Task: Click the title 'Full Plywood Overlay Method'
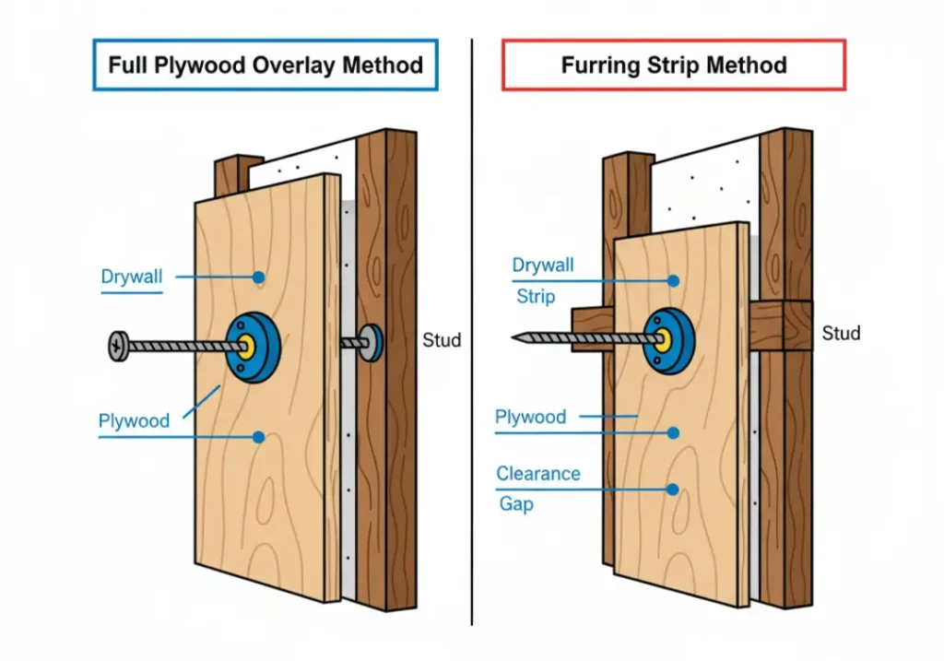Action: pyautogui.click(x=265, y=65)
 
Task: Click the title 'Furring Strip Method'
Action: pyautogui.click(x=674, y=65)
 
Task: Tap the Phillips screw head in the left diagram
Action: pyautogui.click(x=116, y=347)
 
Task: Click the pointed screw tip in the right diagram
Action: pyautogui.click(x=517, y=338)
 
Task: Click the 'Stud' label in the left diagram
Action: pyautogui.click(x=442, y=340)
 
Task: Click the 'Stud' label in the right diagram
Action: pyautogui.click(x=841, y=333)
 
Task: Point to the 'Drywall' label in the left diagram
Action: pyautogui.click(x=133, y=276)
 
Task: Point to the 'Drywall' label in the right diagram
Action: pyautogui.click(x=543, y=266)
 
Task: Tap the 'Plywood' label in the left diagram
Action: pyautogui.click(x=135, y=421)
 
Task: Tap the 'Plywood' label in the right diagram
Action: pyautogui.click(x=531, y=417)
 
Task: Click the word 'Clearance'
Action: pyautogui.click(x=538, y=474)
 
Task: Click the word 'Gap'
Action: pyautogui.click(x=516, y=504)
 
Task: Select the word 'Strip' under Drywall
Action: pyautogui.click(x=536, y=297)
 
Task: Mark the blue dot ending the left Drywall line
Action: pyautogui.click(x=261, y=277)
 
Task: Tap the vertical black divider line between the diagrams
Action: pyautogui.click(x=472, y=332)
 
